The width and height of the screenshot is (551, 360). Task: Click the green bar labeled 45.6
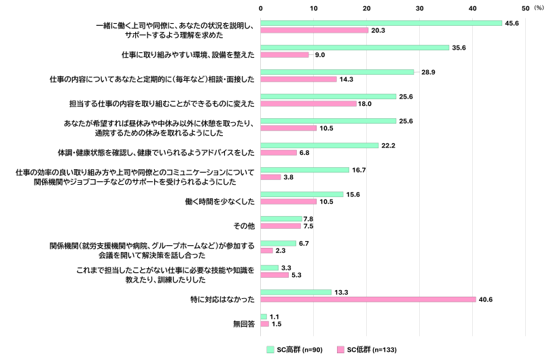tap(381, 23)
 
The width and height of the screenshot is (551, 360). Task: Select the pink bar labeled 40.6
tap(368, 300)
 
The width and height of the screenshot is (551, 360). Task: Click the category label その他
tap(244, 222)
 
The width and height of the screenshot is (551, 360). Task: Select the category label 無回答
tap(242, 325)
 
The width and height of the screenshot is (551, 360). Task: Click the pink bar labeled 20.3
tap(315, 31)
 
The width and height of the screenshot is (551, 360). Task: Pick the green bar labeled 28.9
tap(337, 72)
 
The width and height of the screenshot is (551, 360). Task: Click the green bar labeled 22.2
tap(319, 145)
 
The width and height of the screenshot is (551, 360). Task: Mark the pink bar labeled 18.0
tap(308, 104)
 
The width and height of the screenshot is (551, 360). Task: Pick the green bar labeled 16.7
tap(305, 170)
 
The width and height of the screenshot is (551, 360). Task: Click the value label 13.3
tap(341, 292)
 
